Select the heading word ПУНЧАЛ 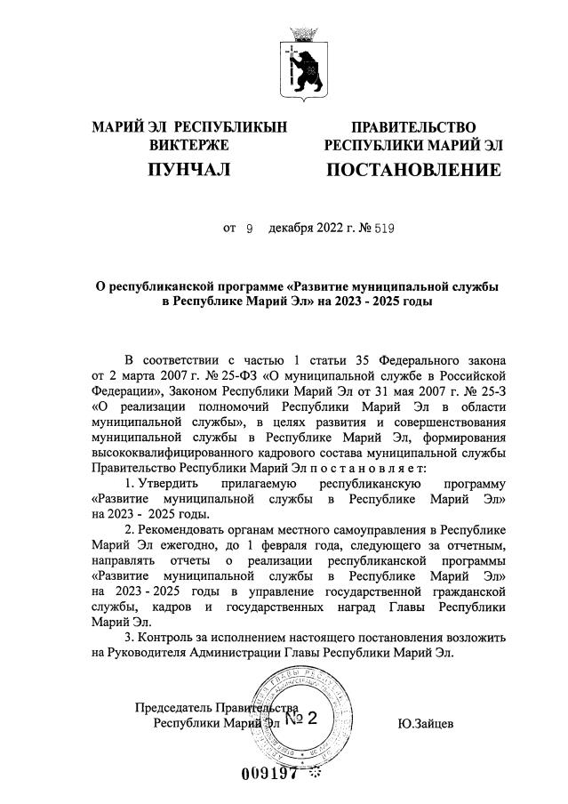tap(189, 168)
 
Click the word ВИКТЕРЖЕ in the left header tap(189, 145)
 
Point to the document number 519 tap(383, 229)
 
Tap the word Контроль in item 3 tap(166, 639)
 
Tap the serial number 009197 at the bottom tap(270, 772)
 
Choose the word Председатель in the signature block tap(175, 708)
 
